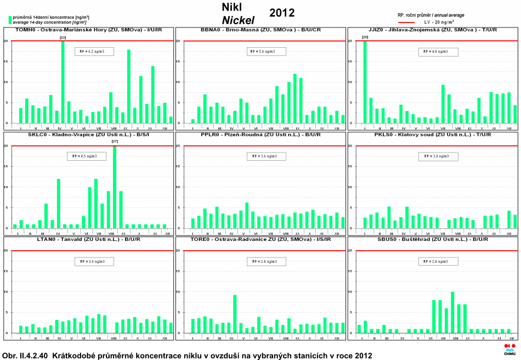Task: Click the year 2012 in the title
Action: point(282,13)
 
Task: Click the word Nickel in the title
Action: point(238,20)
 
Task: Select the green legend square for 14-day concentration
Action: point(10,19)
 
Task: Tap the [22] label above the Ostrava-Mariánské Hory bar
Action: point(63,37)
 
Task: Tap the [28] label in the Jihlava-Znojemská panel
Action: point(365,37)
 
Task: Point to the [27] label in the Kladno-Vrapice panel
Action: point(114,142)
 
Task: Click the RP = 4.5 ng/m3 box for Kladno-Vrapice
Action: point(84,156)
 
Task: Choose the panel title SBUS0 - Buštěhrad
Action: point(433,239)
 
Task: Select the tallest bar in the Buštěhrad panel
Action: point(452,312)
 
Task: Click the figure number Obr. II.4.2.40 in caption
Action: point(28,356)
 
